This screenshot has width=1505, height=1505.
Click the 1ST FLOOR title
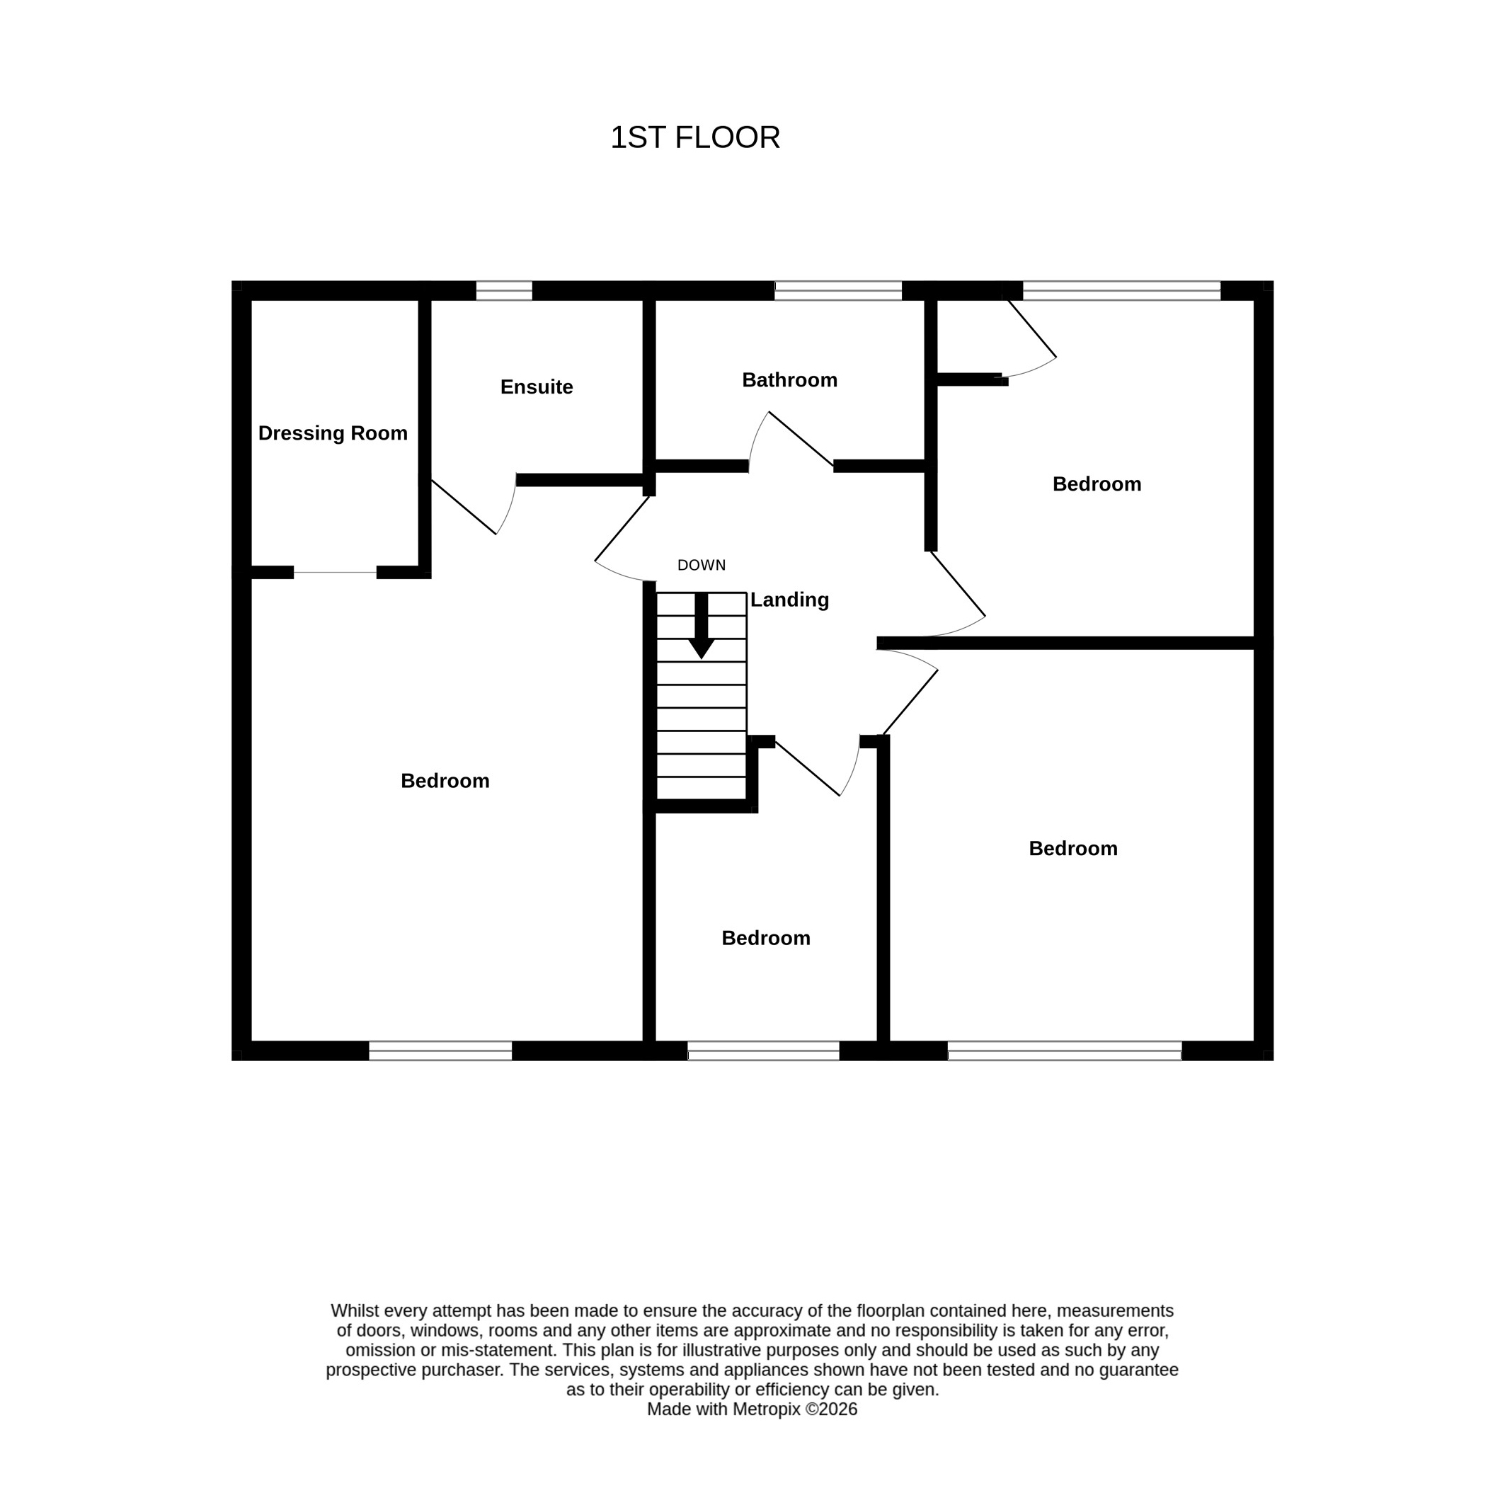(x=695, y=138)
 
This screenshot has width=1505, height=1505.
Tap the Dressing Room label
(x=333, y=433)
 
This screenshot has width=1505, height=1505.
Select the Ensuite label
(x=537, y=387)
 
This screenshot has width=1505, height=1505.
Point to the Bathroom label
(x=789, y=380)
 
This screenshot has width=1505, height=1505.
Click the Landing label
(x=789, y=600)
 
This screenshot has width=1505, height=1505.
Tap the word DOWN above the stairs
(x=701, y=566)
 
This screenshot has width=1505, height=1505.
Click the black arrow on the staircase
(x=701, y=626)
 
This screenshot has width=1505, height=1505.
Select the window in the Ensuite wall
(x=504, y=290)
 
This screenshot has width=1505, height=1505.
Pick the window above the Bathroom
(x=838, y=290)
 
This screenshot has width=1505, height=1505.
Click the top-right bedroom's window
(x=1122, y=290)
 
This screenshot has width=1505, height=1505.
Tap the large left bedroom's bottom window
(x=440, y=1051)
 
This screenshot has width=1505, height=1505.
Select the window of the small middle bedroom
(x=763, y=1051)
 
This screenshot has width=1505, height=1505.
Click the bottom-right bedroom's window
(x=1065, y=1051)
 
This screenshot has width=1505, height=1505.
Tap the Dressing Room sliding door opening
(x=335, y=573)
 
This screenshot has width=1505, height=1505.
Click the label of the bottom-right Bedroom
(x=1072, y=848)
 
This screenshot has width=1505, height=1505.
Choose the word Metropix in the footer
(x=767, y=1409)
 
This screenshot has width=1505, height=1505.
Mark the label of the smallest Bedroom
(x=766, y=938)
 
